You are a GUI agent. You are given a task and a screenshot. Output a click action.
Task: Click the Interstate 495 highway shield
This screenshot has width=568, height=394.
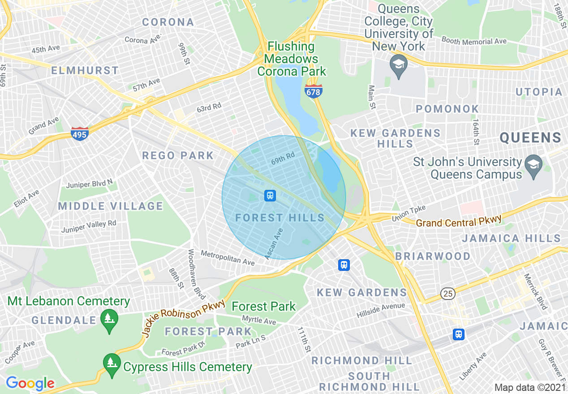[x=79, y=133]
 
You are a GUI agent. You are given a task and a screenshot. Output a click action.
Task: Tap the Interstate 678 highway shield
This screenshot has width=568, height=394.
[x=313, y=91]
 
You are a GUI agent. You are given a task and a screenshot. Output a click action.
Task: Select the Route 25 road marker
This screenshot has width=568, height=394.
[x=448, y=294]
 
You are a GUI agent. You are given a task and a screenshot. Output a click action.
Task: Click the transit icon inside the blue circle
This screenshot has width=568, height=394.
[x=270, y=196]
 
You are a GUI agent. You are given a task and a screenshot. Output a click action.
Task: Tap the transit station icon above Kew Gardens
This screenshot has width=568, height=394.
[x=344, y=265]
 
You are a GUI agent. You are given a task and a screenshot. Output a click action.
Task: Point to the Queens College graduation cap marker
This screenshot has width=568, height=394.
[x=398, y=65]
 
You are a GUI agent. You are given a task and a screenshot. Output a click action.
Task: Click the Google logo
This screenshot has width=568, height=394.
[x=30, y=383]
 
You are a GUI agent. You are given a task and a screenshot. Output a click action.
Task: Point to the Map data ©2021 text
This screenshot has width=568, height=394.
[x=530, y=387]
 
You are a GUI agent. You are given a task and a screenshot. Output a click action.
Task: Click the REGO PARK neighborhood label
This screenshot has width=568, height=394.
[x=178, y=156]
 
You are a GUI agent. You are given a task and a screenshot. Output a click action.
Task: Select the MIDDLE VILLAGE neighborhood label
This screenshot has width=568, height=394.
[x=111, y=206]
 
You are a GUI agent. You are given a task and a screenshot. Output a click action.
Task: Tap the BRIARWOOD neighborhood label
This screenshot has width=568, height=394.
[x=433, y=256]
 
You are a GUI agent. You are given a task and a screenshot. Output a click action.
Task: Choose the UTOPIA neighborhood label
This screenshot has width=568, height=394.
[x=539, y=92]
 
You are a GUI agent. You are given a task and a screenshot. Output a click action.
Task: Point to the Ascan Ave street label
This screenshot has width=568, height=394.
[x=274, y=244]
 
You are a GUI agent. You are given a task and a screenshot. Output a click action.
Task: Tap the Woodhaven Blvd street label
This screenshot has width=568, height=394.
[x=197, y=274]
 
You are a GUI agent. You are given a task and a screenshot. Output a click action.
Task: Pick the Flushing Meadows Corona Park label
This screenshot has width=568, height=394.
[x=292, y=59]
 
